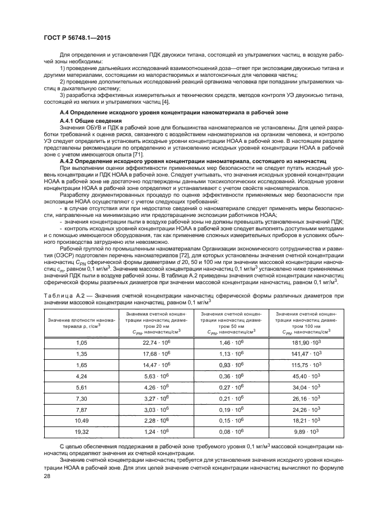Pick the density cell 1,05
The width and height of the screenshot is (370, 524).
(x=82, y=341)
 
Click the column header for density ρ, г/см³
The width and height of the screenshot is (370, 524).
(x=82, y=322)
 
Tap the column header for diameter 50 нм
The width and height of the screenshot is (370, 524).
(x=231, y=322)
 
